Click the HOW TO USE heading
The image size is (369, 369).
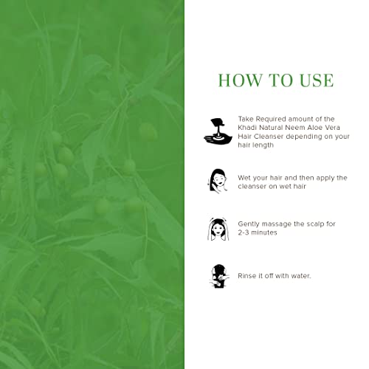click(x=275, y=80)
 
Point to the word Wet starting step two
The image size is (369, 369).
click(x=245, y=178)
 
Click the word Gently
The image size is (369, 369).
click(x=249, y=223)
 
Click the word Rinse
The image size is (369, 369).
click(x=247, y=276)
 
